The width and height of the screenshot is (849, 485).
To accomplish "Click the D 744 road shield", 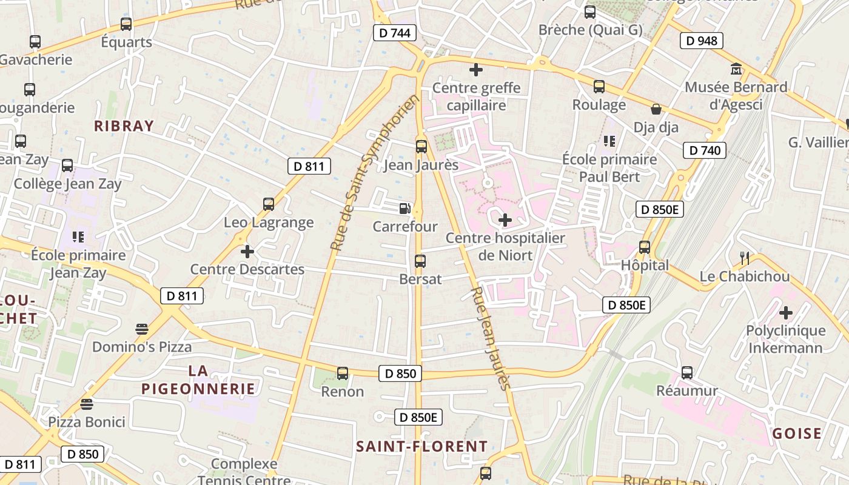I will pos(395,33).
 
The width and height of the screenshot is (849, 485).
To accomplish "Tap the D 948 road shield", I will pos(702,41).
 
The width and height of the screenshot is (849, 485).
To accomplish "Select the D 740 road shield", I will pos(705,150).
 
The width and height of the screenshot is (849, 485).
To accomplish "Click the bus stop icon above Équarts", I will pos(126,24).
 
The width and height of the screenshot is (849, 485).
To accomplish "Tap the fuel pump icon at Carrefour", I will pos(404,209).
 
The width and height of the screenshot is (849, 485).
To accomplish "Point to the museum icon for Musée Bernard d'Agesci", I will pos(736,69).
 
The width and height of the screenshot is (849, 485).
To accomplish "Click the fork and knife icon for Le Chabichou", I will pos(745,258).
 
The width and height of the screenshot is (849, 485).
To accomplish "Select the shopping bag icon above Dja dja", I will pos(656,109).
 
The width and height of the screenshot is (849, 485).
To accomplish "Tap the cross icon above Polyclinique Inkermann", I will pos(785,313).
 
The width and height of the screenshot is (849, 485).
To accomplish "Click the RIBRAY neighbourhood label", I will pos(124,126).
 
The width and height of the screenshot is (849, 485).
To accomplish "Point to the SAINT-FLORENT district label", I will pos(421,447).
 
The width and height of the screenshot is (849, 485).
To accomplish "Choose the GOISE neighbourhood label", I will pos(796,433).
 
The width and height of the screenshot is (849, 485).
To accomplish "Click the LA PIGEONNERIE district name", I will pos(198,380).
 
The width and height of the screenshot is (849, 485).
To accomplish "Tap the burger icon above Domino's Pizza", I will pos(142,329).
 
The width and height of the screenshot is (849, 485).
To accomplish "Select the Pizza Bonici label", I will pos(87,422).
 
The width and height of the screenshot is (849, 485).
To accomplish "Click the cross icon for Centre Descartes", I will pos(247,251).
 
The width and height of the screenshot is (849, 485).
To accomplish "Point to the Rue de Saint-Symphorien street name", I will pos(375,173).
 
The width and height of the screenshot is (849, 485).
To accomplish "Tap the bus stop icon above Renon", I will pos(343,373).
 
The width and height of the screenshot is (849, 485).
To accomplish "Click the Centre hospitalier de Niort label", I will pos(505,246).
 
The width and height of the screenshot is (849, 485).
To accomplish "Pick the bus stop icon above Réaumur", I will pos(686,372).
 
